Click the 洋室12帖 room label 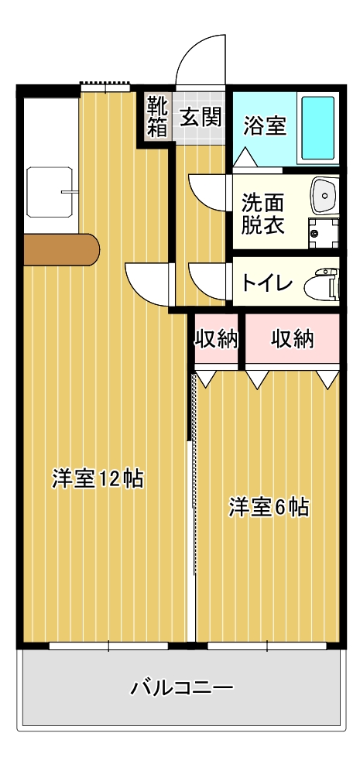click(98, 479)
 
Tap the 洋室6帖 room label click(269, 508)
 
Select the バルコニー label click(181, 688)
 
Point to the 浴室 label click(264, 126)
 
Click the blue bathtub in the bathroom click(318, 128)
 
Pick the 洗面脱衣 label click(262, 214)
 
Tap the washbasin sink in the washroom click(324, 194)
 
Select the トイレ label click(266, 283)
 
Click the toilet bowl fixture click(321, 283)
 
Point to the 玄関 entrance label click(201, 118)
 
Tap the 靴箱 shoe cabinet click(158, 117)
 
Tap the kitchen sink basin click(50, 192)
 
